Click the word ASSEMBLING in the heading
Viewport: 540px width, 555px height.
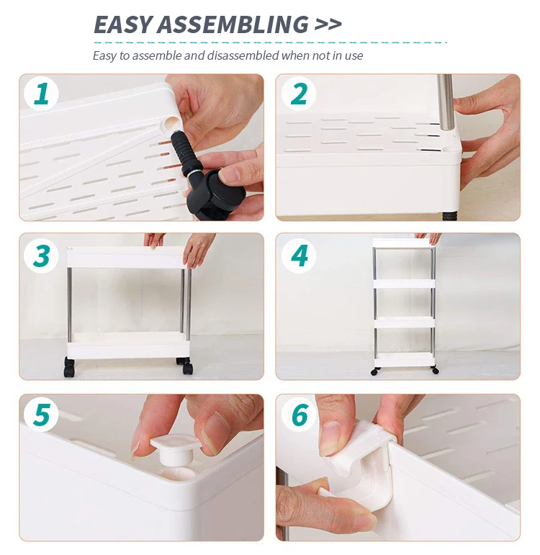[233, 24]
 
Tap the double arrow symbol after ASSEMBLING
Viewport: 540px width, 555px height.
[328, 24]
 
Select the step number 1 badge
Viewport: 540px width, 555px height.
[41, 94]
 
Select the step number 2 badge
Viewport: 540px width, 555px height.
[299, 94]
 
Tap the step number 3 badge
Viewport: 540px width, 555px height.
[41, 256]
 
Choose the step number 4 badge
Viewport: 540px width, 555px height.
[299, 256]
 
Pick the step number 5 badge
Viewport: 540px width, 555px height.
[41, 414]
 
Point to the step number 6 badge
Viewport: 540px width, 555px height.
[299, 414]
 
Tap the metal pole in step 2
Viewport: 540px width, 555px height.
[445, 103]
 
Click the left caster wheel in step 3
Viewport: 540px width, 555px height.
[69, 366]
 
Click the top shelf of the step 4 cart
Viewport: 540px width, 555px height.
[404, 243]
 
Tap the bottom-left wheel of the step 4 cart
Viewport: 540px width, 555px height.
[374, 371]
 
